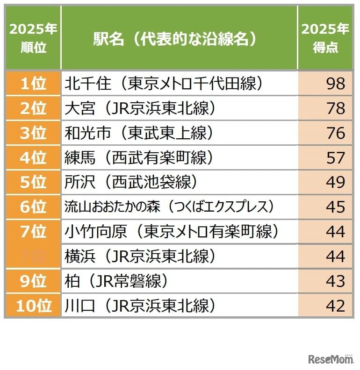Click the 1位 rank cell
click(33, 84)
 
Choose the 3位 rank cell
click(33, 133)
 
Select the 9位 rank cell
click(33, 281)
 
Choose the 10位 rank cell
click(33, 306)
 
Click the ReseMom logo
click(330, 359)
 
